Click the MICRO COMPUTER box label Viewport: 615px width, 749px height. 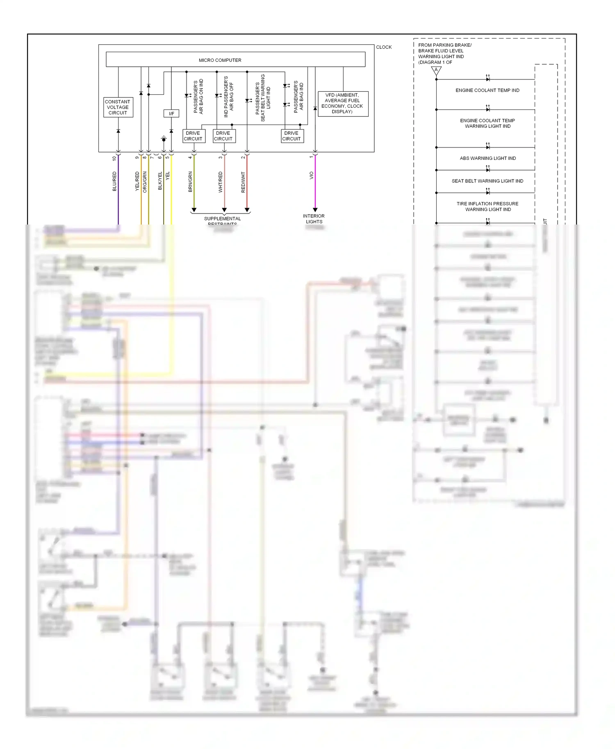click(x=220, y=60)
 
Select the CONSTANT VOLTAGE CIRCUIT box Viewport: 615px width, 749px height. click(x=118, y=107)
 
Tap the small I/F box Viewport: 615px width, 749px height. click(x=171, y=113)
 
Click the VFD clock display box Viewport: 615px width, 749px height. click(x=343, y=104)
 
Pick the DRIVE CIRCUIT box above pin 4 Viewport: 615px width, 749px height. click(x=193, y=136)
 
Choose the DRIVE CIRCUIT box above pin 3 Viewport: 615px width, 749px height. click(x=223, y=136)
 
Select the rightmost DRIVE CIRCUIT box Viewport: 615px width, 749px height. click(x=292, y=136)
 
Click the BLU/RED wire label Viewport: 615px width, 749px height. click(x=114, y=182)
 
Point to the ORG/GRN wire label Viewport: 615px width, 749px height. click(x=145, y=182)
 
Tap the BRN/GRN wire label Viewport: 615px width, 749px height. click(x=190, y=182)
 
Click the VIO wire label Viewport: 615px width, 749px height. click(x=311, y=175)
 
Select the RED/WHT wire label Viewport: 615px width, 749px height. click(x=243, y=182)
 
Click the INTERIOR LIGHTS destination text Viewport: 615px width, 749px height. click(x=314, y=219)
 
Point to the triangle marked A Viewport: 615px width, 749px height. click(x=436, y=70)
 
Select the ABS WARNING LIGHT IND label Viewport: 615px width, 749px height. click(x=487, y=158)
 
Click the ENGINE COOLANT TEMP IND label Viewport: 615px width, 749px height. click(x=487, y=90)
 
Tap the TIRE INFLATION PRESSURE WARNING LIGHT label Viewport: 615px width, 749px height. click(x=487, y=207)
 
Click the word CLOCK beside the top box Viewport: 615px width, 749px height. click(x=384, y=47)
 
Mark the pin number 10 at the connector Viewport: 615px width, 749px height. click(x=114, y=158)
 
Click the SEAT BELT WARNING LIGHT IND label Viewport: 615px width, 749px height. click(x=487, y=181)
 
